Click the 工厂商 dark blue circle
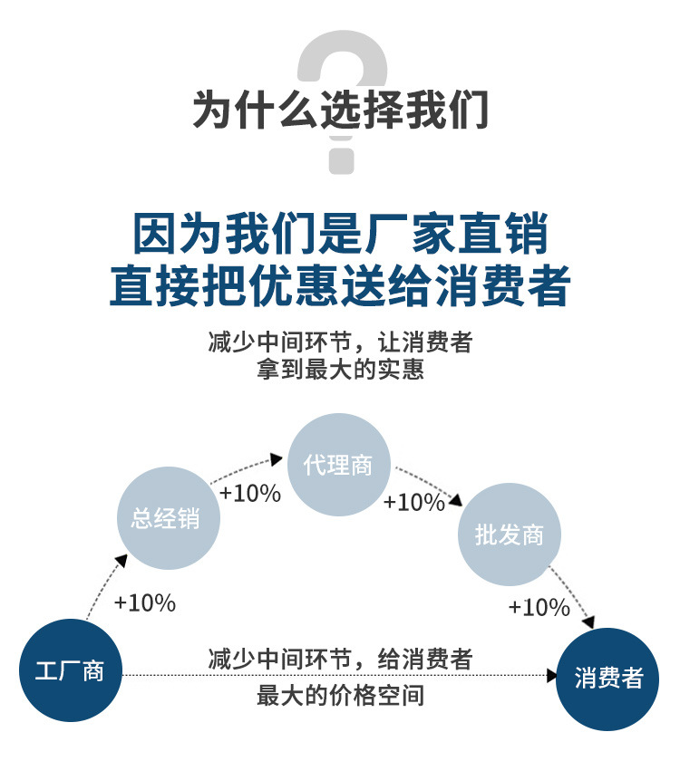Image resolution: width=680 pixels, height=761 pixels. pyautogui.click(x=70, y=671)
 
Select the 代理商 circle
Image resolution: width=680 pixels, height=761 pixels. pyautogui.click(x=338, y=465)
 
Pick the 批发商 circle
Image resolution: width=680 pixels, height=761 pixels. pyautogui.click(x=510, y=535)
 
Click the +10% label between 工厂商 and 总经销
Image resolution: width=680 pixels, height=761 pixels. pyautogui.click(x=145, y=603)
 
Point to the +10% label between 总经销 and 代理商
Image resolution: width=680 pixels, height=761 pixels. pyautogui.click(x=250, y=494)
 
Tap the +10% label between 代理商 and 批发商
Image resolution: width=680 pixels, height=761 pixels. pyautogui.click(x=414, y=502)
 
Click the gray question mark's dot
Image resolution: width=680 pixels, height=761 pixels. pyautogui.click(x=340, y=158)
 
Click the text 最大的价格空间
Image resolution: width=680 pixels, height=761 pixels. pyautogui.click(x=340, y=697)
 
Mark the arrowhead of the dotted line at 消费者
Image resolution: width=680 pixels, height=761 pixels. pyautogui.click(x=552, y=676)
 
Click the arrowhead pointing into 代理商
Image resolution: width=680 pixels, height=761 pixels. pyautogui.click(x=277, y=459)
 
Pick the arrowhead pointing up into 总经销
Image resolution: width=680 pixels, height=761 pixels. pyautogui.click(x=123, y=559)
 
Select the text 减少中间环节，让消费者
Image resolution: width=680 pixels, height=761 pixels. pyautogui.click(x=340, y=343)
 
